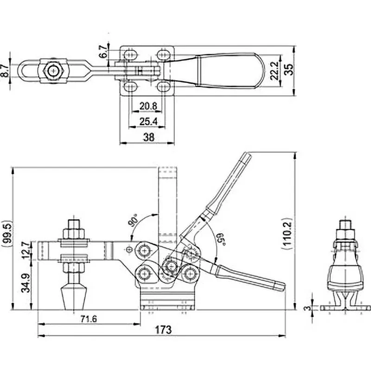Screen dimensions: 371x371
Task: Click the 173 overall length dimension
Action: [x=163, y=330]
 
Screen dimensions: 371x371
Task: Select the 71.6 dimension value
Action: [x=89, y=319]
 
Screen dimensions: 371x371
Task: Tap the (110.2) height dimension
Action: [x=287, y=233]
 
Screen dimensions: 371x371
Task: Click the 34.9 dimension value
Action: [x=26, y=283]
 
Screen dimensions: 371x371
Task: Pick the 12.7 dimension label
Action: [x=26, y=250]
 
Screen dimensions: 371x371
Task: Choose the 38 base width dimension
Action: [x=149, y=137]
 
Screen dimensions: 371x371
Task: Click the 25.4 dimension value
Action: [x=148, y=122]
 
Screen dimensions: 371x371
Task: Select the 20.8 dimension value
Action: [x=148, y=106]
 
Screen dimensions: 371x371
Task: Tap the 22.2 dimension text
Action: [x=274, y=70]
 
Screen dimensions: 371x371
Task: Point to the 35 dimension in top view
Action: [x=288, y=69]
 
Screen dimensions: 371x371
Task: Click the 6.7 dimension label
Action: [x=103, y=52]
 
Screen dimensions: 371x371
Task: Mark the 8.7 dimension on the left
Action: [x=5, y=70]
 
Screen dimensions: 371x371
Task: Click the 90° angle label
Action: [x=133, y=220]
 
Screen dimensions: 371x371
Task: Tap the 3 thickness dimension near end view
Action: [x=307, y=308]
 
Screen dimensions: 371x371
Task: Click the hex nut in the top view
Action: [x=53, y=71]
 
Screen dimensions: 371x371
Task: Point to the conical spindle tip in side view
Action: [x=74, y=298]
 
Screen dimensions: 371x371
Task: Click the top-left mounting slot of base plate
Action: [x=130, y=55]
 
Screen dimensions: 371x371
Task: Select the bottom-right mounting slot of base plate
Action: [x=164, y=87]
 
